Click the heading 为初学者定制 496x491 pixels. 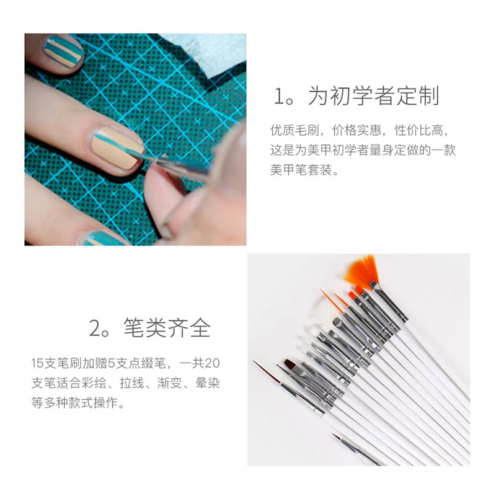(374, 97)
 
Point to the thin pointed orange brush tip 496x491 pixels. (327, 297)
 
